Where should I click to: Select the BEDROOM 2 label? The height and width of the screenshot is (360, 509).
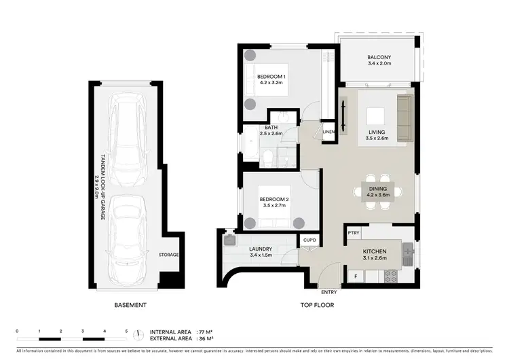coord(274,199)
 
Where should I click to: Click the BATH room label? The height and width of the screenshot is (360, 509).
coord(271,127)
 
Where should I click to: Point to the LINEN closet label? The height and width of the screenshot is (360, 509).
coord(328,131)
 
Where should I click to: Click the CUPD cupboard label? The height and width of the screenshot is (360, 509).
coord(309,240)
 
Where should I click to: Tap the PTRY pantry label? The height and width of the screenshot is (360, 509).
coord(354,233)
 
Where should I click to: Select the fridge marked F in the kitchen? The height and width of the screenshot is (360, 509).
coord(354,276)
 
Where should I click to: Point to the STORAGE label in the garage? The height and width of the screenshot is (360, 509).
coord(168,255)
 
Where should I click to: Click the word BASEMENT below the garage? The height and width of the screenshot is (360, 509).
coord(130,306)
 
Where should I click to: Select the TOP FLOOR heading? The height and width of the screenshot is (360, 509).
coord(316,306)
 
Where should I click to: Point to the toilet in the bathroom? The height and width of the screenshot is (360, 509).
coord(269,159)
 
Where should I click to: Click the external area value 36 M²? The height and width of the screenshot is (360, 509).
coord(204,338)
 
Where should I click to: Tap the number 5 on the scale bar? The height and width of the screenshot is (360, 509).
coord(126,331)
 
